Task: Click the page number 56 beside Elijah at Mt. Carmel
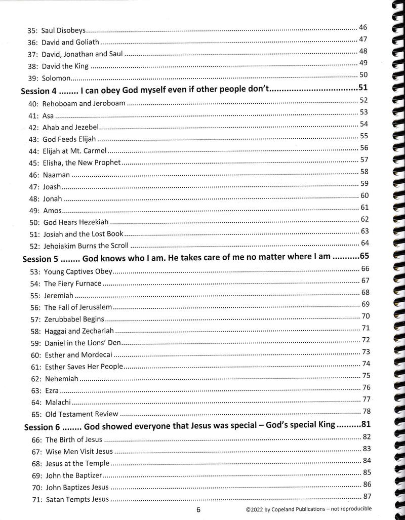(x=364, y=147)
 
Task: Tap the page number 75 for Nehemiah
(x=367, y=375)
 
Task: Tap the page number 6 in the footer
(x=199, y=510)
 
